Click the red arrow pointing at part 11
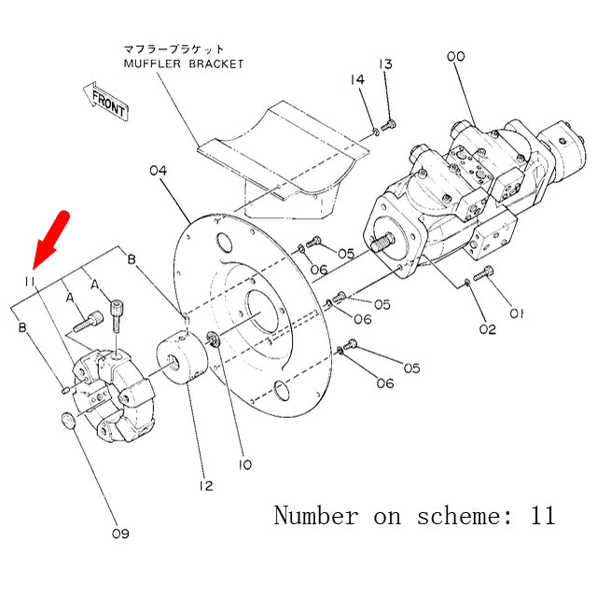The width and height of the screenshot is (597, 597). click(48, 238)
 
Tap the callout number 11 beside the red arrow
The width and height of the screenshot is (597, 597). click(31, 280)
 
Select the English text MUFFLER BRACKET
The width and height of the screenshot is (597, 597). click(184, 63)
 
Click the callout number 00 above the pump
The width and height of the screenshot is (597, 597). click(455, 57)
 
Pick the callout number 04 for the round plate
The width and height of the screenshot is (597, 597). click(158, 171)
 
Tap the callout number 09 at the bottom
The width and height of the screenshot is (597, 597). click(120, 534)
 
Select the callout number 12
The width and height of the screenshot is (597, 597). click(205, 485)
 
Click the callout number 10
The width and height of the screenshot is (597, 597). click(243, 464)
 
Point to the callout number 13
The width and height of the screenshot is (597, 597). click(385, 63)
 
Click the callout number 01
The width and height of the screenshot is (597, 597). click(516, 313)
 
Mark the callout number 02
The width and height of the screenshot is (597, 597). click(488, 329)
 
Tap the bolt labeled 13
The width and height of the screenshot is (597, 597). click(390, 123)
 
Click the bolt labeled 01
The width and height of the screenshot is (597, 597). click(483, 274)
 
